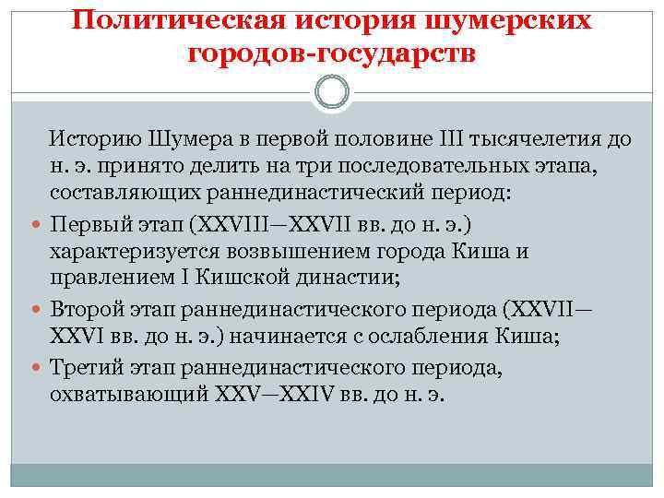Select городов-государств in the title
pyautogui.click(x=331, y=53)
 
